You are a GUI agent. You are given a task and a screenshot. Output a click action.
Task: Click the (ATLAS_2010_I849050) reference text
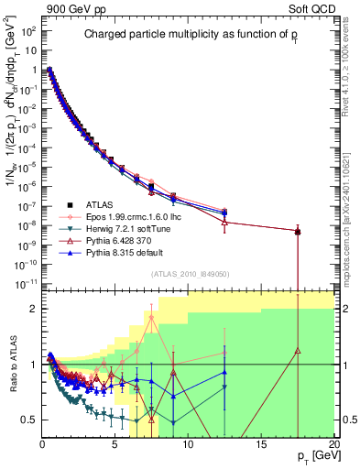tap(190, 273)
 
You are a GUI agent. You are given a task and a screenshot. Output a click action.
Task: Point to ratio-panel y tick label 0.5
tap(28, 420)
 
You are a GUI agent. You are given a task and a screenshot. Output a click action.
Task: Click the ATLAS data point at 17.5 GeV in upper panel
tap(298, 232)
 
